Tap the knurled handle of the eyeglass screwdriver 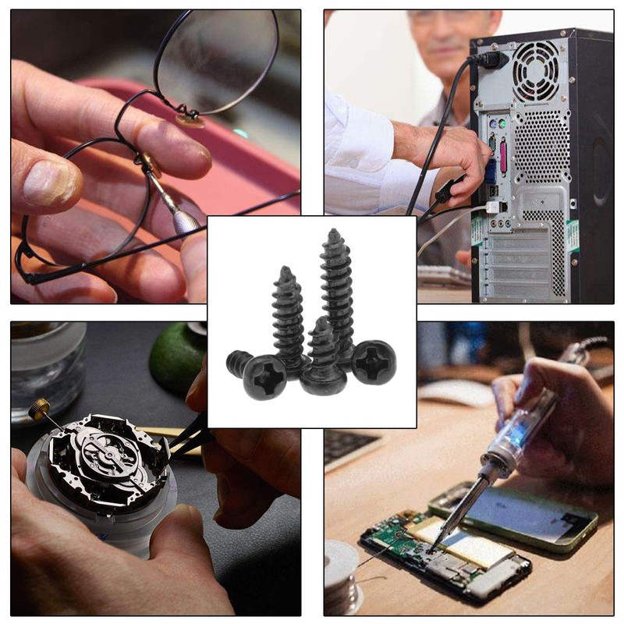tap(186, 219)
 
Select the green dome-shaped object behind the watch tap(176, 355)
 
